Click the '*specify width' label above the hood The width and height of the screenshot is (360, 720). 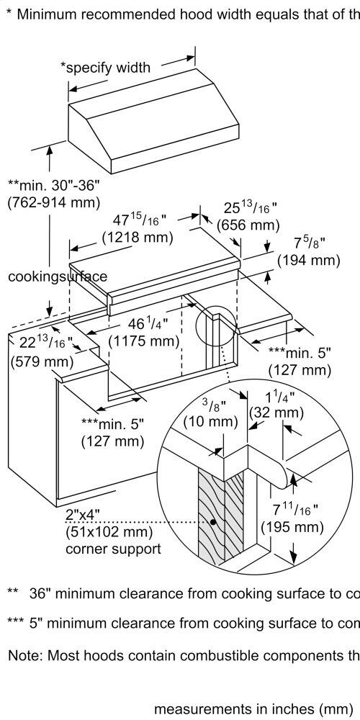[105, 68]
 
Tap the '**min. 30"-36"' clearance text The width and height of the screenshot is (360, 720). [54, 186]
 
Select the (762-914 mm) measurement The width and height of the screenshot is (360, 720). [54, 202]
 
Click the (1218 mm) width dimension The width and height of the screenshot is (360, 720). [138, 238]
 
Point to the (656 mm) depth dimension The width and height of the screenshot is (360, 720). [248, 225]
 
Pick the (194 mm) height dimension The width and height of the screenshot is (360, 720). [309, 261]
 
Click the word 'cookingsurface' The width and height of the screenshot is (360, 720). [58, 276]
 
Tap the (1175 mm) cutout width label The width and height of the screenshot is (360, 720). [143, 341]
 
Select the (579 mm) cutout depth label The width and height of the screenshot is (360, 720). [42, 361]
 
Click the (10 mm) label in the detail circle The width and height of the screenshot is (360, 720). [210, 421]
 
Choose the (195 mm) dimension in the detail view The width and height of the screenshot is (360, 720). [292, 527]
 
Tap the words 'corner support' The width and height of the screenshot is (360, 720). [114, 549]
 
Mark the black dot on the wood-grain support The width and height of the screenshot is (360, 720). [212, 522]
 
